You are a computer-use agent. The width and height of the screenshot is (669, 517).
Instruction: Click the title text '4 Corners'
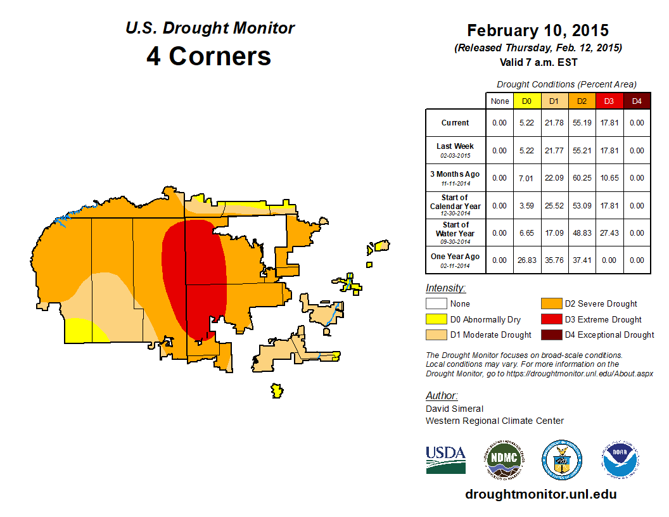pyautogui.click(x=209, y=56)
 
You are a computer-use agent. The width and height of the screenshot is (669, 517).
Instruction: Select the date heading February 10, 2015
pyautogui.click(x=537, y=30)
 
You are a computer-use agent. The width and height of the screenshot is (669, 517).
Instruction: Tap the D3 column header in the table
pyautogui.click(x=609, y=101)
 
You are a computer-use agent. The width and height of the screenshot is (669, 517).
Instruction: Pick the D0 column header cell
pyautogui.click(x=527, y=101)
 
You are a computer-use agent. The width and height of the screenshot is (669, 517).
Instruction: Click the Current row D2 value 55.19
pyautogui.click(x=582, y=123)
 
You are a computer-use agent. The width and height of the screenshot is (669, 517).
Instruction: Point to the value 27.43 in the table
pyautogui.click(x=609, y=233)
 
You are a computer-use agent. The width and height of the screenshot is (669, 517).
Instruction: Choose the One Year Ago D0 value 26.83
pyautogui.click(x=527, y=260)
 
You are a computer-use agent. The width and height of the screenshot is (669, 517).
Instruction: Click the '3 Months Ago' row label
pyautogui.click(x=456, y=174)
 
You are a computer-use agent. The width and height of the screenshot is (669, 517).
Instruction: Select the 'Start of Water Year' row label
pyautogui.click(x=456, y=229)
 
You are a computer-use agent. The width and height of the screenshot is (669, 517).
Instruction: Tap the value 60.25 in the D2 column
pyautogui.click(x=582, y=178)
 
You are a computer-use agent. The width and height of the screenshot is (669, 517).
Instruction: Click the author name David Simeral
pyautogui.click(x=454, y=409)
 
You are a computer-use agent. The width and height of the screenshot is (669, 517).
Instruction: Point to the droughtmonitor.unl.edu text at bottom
pyautogui.click(x=540, y=494)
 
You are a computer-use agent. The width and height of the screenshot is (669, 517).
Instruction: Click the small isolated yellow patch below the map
pyautogui.click(x=276, y=391)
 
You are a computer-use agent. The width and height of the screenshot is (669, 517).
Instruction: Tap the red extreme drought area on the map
pyautogui.click(x=196, y=272)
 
